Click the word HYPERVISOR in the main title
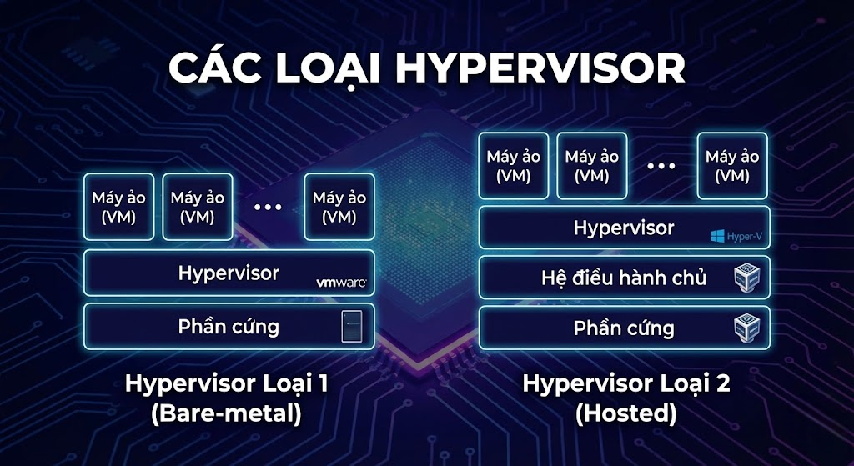(540, 68)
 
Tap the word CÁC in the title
(211, 67)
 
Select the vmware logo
(341, 283)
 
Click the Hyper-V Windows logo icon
(717, 236)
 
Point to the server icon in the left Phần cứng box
(351, 327)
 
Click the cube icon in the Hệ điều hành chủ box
(746, 278)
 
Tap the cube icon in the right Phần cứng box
(746, 328)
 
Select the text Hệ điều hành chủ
(624, 278)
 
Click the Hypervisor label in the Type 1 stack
(229, 273)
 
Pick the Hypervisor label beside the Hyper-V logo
(624, 228)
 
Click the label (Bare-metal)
(226, 414)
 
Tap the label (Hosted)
(625, 414)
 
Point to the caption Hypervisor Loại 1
(227, 383)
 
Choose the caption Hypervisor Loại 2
(626, 383)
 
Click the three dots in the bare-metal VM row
(268, 207)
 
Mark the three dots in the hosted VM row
(661, 166)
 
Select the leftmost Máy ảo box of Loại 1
(118, 207)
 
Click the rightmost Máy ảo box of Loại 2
(732, 166)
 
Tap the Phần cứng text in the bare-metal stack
(229, 327)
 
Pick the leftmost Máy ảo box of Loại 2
(514, 166)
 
